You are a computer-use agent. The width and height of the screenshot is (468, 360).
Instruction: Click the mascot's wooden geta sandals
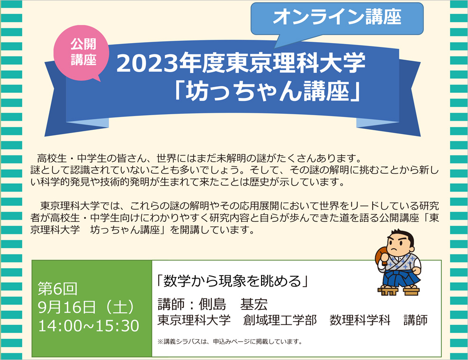[398, 290]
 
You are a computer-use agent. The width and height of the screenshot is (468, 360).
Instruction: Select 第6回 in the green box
[57, 288]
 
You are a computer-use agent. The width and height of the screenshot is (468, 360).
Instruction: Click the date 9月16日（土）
[86, 307]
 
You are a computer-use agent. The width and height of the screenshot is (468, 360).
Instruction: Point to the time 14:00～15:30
[89, 326]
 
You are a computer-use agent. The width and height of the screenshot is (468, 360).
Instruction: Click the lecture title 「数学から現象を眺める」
[232, 280]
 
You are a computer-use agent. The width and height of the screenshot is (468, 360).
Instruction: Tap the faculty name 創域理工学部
[279, 320]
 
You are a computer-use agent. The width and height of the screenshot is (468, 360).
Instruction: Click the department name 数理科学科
[360, 320]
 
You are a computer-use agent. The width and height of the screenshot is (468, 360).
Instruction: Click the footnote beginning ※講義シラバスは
[230, 342]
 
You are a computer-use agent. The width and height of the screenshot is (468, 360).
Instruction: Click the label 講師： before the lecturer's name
[177, 304]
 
